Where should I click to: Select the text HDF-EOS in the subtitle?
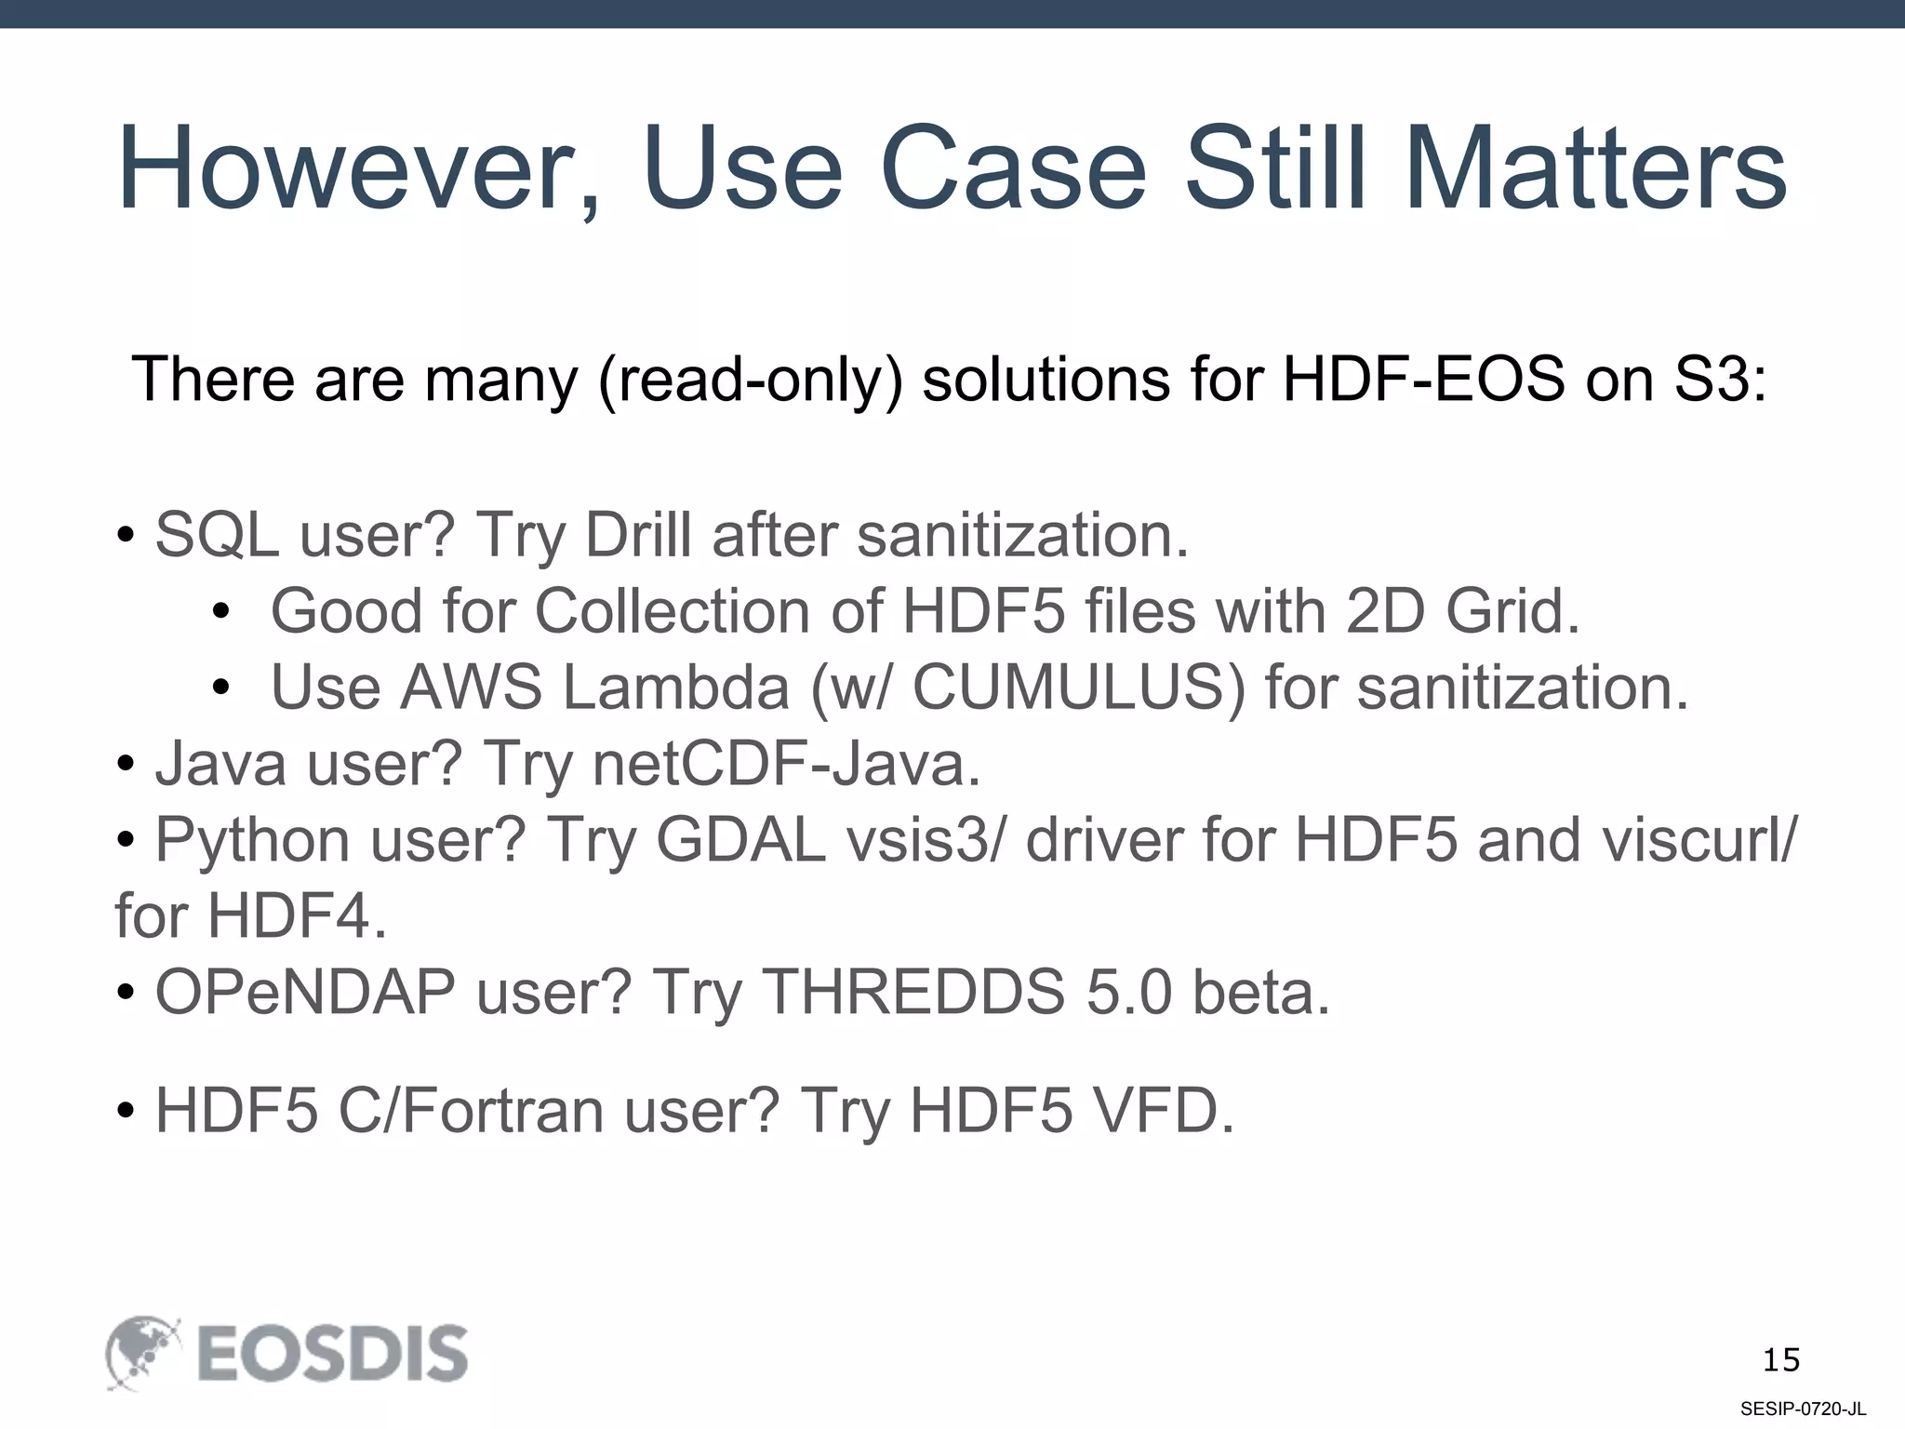pos(1424,380)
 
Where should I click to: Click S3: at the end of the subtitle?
pos(1720,380)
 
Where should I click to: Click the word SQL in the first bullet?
pos(217,536)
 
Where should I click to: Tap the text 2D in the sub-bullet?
pos(1385,612)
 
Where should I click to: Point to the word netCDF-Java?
pos(786,765)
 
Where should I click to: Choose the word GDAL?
pos(740,841)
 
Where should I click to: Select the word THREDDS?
pos(913,994)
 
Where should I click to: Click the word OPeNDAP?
pos(305,994)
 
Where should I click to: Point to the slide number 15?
pos(1780,1360)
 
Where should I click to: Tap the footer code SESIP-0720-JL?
pos(1803,1409)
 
